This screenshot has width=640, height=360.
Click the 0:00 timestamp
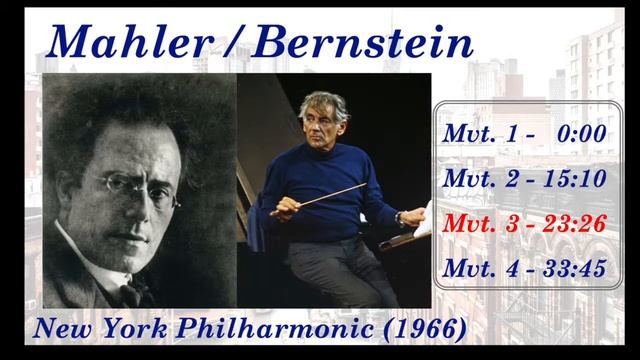point(583,134)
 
